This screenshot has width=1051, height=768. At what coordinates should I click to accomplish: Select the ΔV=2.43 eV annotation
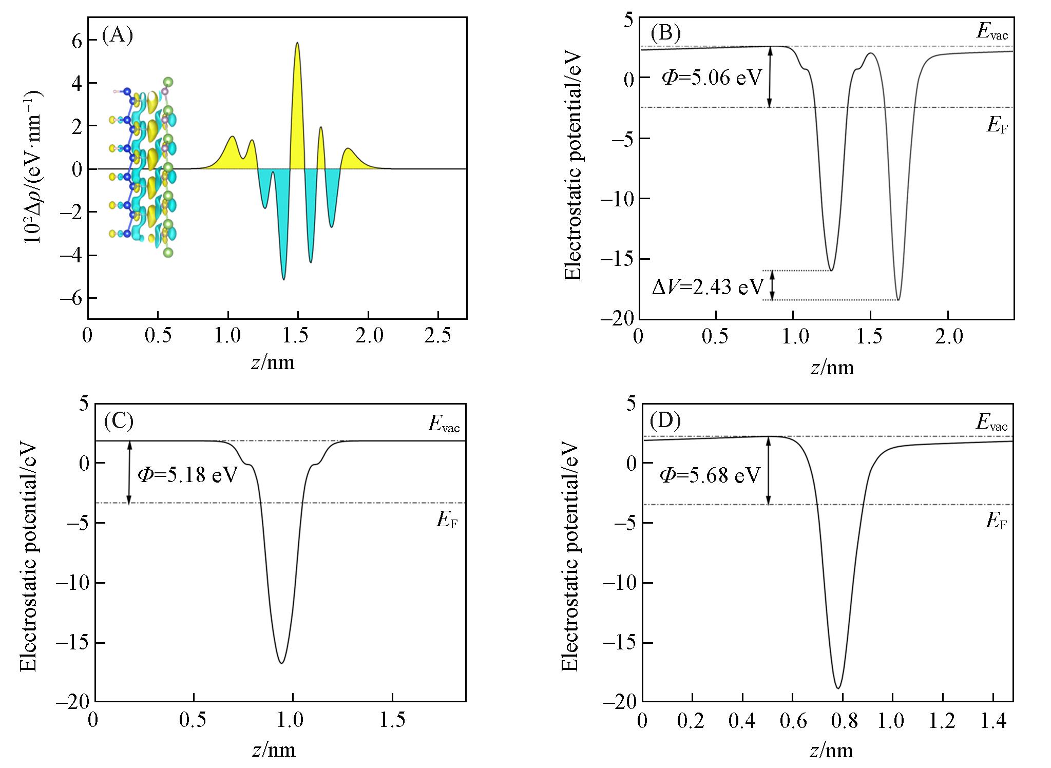[708, 286]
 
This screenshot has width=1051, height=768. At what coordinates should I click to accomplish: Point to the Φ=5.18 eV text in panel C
[187, 475]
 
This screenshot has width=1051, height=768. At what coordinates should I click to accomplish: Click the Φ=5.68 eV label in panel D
[710, 475]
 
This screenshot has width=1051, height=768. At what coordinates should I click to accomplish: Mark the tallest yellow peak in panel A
[297, 44]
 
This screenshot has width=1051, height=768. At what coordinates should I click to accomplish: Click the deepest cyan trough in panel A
[284, 279]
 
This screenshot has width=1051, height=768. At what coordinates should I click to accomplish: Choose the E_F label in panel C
[447, 521]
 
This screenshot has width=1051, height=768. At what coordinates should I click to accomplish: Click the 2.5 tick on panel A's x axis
[438, 336]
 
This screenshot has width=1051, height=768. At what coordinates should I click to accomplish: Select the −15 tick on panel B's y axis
[618, 259]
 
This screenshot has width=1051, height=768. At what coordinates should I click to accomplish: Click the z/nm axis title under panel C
[274, 750]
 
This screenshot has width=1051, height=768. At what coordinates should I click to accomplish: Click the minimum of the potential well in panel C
[282, 663]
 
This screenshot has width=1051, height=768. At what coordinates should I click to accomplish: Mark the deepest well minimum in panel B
[898, 299]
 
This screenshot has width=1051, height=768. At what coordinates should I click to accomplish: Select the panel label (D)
[665, 421]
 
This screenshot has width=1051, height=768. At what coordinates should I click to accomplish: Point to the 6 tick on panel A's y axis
[77, 40]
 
